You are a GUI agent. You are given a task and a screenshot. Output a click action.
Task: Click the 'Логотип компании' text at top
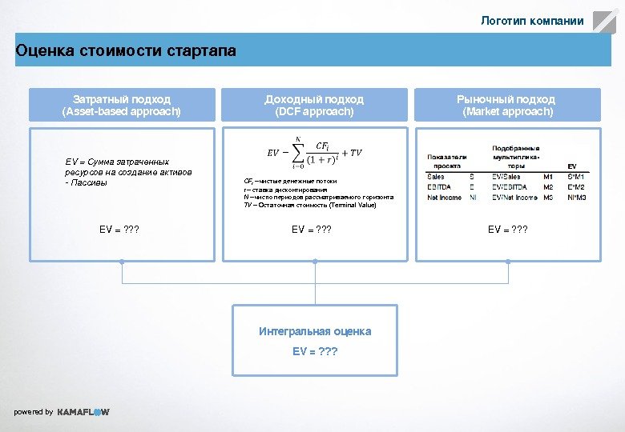(x=532, y=21)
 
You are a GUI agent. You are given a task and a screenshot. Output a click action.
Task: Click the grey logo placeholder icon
(x=604, y=21)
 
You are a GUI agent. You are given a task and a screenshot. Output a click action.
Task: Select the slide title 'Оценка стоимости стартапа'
(x=126, y=51)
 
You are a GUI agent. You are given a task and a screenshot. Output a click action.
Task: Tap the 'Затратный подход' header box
(x=122, y=105)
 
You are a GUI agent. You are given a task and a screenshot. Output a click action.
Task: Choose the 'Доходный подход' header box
(x=314, y=105)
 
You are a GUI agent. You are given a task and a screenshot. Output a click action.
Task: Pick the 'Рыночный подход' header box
(x=506, y=105)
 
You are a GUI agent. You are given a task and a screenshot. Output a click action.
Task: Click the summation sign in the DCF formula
(x=298, y=152)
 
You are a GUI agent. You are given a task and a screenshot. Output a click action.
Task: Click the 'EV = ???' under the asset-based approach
(x=119, y=230)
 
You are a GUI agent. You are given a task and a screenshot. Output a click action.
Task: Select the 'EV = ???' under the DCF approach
(x=312, y=230)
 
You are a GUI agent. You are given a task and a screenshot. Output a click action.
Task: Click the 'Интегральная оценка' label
(x=315, y=331)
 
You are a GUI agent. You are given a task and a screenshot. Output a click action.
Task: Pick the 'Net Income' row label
(x=444, y=197)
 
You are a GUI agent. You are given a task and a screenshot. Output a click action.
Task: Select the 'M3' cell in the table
(x=548, y=197)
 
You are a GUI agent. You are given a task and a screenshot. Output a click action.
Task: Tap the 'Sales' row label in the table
(x=436, y=176)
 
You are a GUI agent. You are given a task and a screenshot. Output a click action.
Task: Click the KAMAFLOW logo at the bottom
(x=83, y=412)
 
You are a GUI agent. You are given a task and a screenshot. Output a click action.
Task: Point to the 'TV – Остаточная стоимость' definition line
(x=309, y=206)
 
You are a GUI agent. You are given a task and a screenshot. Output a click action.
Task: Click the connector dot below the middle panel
(x=315, y=262)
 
